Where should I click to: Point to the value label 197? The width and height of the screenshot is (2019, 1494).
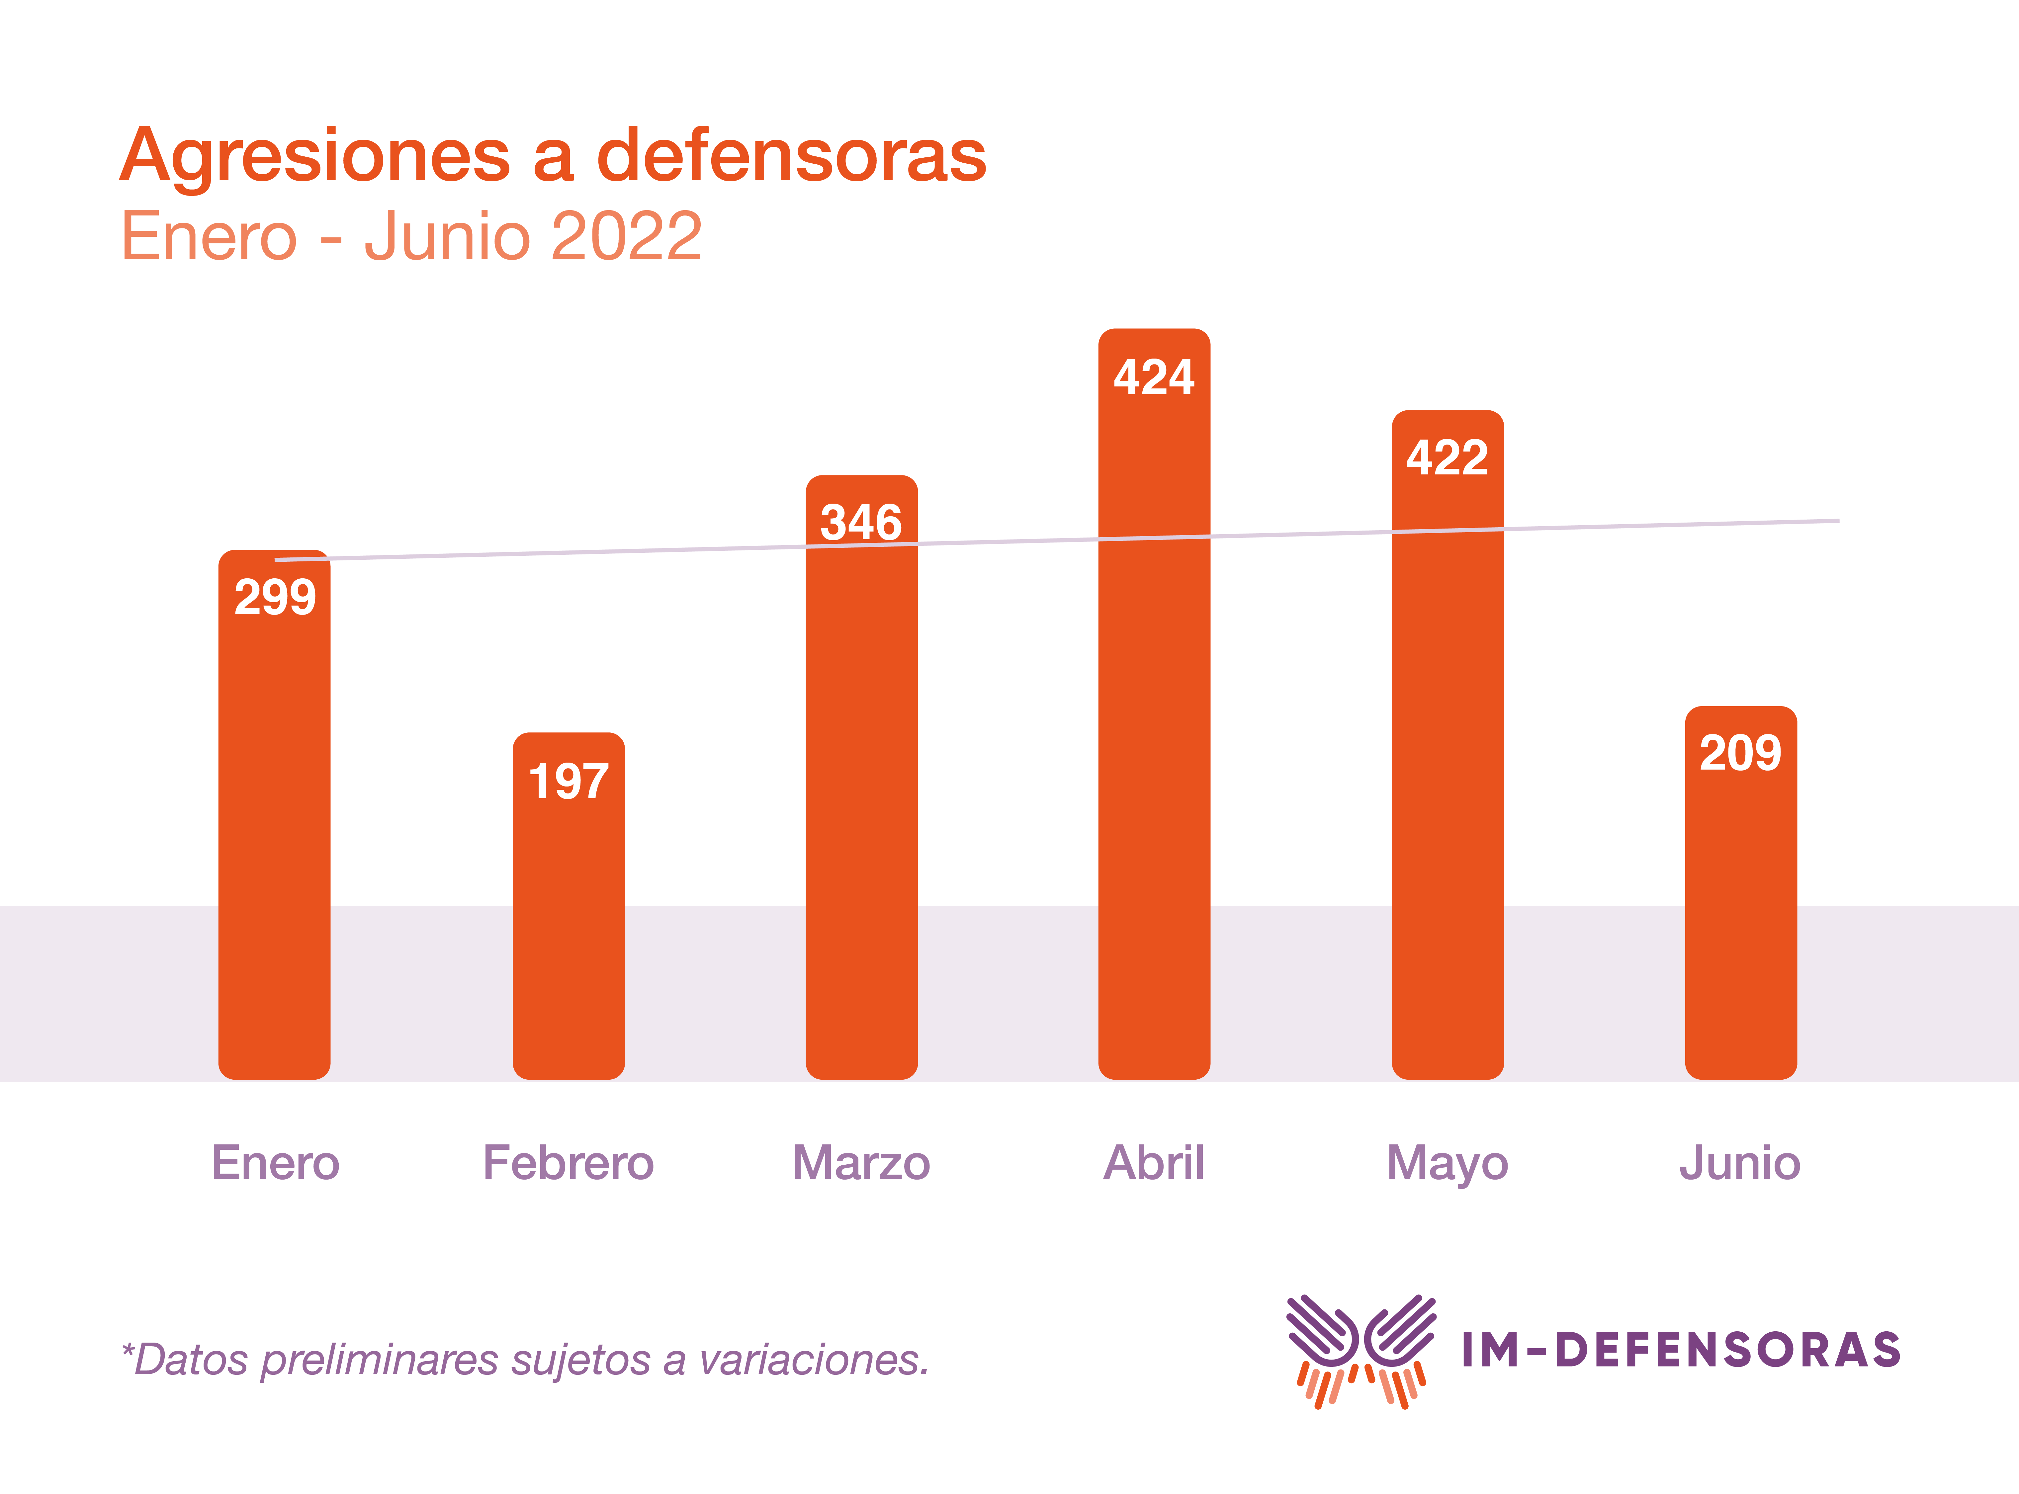tap(568, 782)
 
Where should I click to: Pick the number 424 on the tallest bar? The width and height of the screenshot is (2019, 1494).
tap(1154, 377)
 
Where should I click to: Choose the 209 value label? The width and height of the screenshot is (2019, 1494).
tap(1740, 752)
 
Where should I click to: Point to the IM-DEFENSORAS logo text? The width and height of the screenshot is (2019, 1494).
tap(1681, 1349)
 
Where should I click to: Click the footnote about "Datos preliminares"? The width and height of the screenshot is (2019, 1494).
tap(525, 1359)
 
